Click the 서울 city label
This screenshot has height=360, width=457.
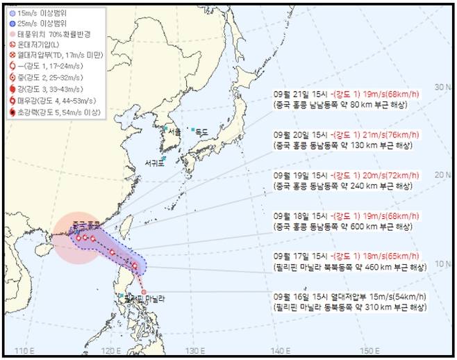[174, 131]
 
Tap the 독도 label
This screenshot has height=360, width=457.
[201, 131]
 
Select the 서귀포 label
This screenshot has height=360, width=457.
[154, 163]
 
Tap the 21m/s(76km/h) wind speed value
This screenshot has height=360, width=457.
[379, 136]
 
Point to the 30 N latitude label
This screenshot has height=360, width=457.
[440, 87]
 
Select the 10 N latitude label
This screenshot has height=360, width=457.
[440, 263]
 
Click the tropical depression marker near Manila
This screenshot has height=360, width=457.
[144, 291]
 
